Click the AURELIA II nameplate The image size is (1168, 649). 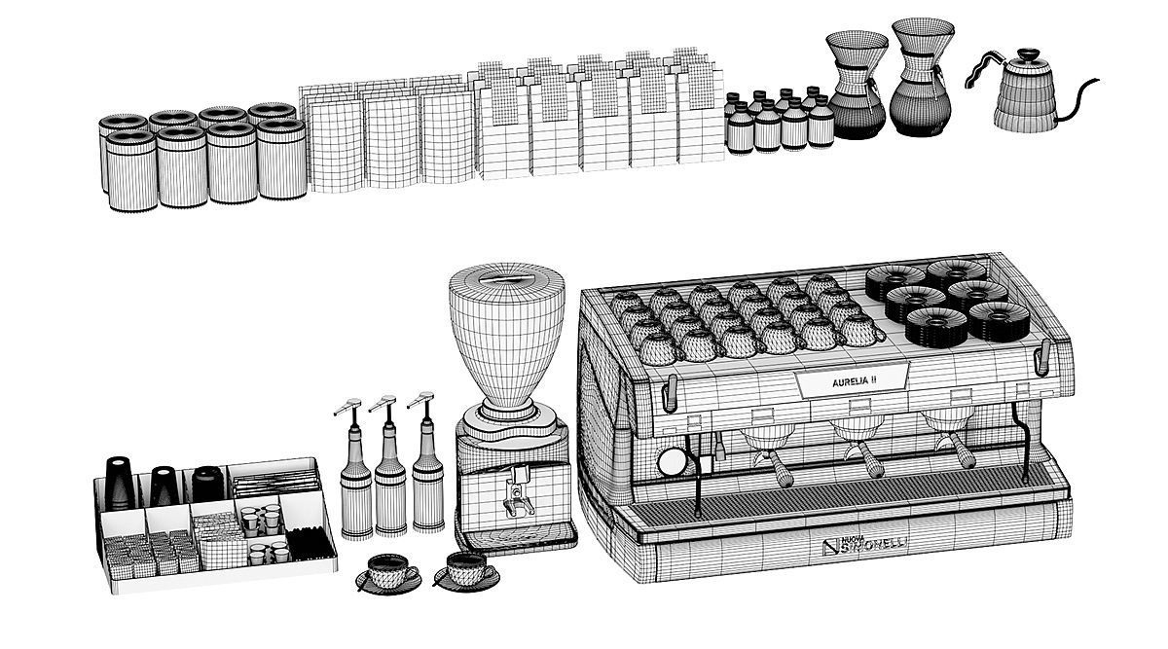[x=854, y=382]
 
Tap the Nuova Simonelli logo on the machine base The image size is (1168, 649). [x=864, y=547]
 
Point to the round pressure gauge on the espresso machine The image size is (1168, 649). [x=672, y=460]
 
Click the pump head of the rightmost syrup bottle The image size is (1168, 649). [x=421, y=400]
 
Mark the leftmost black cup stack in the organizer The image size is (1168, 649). [x=118, y=484]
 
